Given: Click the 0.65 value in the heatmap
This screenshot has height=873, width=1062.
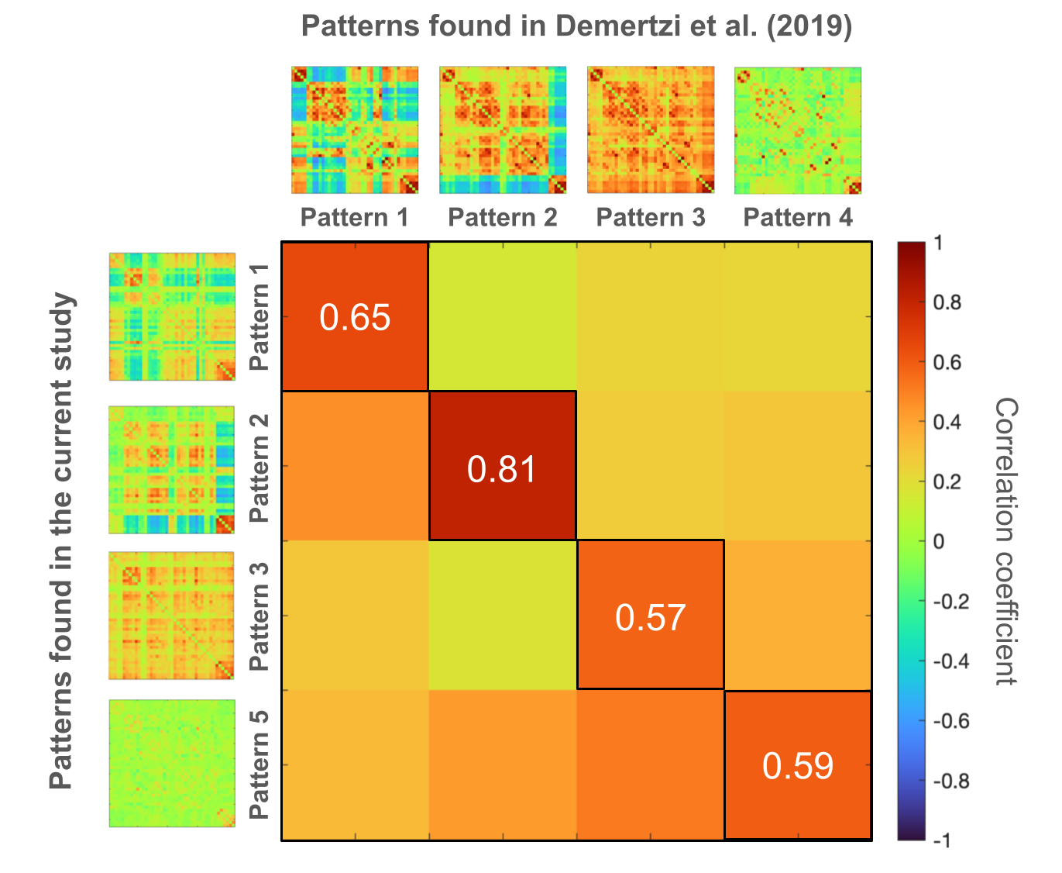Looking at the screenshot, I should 355,318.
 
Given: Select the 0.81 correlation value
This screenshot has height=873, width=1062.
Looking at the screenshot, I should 502,469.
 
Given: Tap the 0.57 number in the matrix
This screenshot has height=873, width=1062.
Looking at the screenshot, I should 651,617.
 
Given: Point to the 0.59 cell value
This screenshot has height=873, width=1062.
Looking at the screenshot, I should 798,766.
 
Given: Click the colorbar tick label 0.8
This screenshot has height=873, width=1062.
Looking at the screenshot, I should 947,303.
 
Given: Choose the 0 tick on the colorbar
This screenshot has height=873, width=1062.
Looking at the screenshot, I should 939,541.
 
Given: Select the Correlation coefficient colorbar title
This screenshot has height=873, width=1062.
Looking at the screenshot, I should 1005,541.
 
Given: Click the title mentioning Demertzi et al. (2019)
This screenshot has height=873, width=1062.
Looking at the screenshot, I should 576,27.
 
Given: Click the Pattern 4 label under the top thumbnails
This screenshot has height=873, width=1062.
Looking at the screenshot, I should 798,218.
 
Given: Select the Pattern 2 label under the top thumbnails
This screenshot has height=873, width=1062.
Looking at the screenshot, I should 503,218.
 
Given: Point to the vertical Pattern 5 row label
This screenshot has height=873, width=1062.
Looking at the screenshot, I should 259,764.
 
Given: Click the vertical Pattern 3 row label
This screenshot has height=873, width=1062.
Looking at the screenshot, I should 259,616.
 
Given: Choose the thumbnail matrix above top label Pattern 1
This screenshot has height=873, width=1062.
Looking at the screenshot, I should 355,130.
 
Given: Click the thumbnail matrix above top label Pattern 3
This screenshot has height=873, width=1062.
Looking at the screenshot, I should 651,130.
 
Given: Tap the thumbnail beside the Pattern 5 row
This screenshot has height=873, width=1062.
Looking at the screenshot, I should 172,764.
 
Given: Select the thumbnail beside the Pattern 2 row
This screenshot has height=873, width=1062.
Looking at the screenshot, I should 172,470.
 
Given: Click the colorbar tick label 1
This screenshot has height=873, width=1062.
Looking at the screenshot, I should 939,243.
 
